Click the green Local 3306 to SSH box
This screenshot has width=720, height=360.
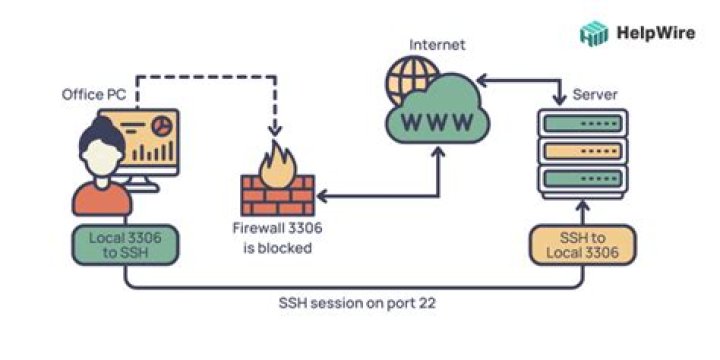pyautogui.click(x=125, y=245)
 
